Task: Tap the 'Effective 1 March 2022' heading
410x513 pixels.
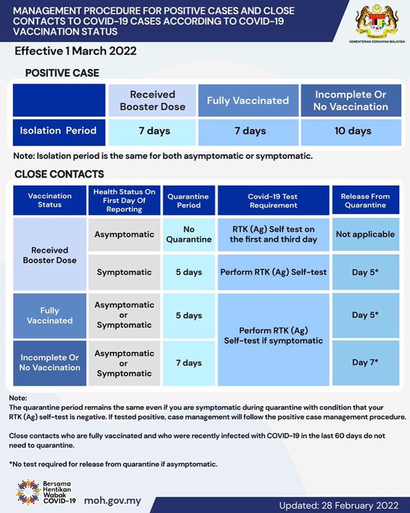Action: click(x=75, y=51)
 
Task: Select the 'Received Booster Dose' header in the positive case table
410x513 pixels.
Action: click(x=153, y=100)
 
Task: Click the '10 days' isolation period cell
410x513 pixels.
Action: click(x=352, y=131)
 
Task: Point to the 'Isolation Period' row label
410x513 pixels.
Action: click(x=58, y=131)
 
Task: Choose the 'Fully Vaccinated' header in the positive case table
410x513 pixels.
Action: click(x=248, y=100)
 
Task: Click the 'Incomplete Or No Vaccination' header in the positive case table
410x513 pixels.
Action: click(x=351, y=100)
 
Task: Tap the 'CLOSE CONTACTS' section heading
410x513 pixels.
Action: click(x=59, y=174)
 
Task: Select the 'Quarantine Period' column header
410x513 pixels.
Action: click(x=189, y=200)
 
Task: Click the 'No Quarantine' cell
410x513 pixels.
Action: click(x=189, y=234)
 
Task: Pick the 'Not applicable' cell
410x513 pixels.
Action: click(x=365, y=234)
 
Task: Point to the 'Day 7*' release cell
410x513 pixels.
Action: click(x=365, y=362)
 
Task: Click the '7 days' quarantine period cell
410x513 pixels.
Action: click(x=189, y=362)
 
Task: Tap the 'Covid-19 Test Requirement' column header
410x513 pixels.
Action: click(x=273, y=200)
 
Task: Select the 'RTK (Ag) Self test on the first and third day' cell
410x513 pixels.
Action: click(x=273, y=234)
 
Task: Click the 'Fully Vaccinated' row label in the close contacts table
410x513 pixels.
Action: click(x=50, y=315)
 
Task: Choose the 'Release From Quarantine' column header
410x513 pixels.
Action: click(x=365, y=200)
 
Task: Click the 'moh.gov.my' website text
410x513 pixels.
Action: click(x=113, y=501)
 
